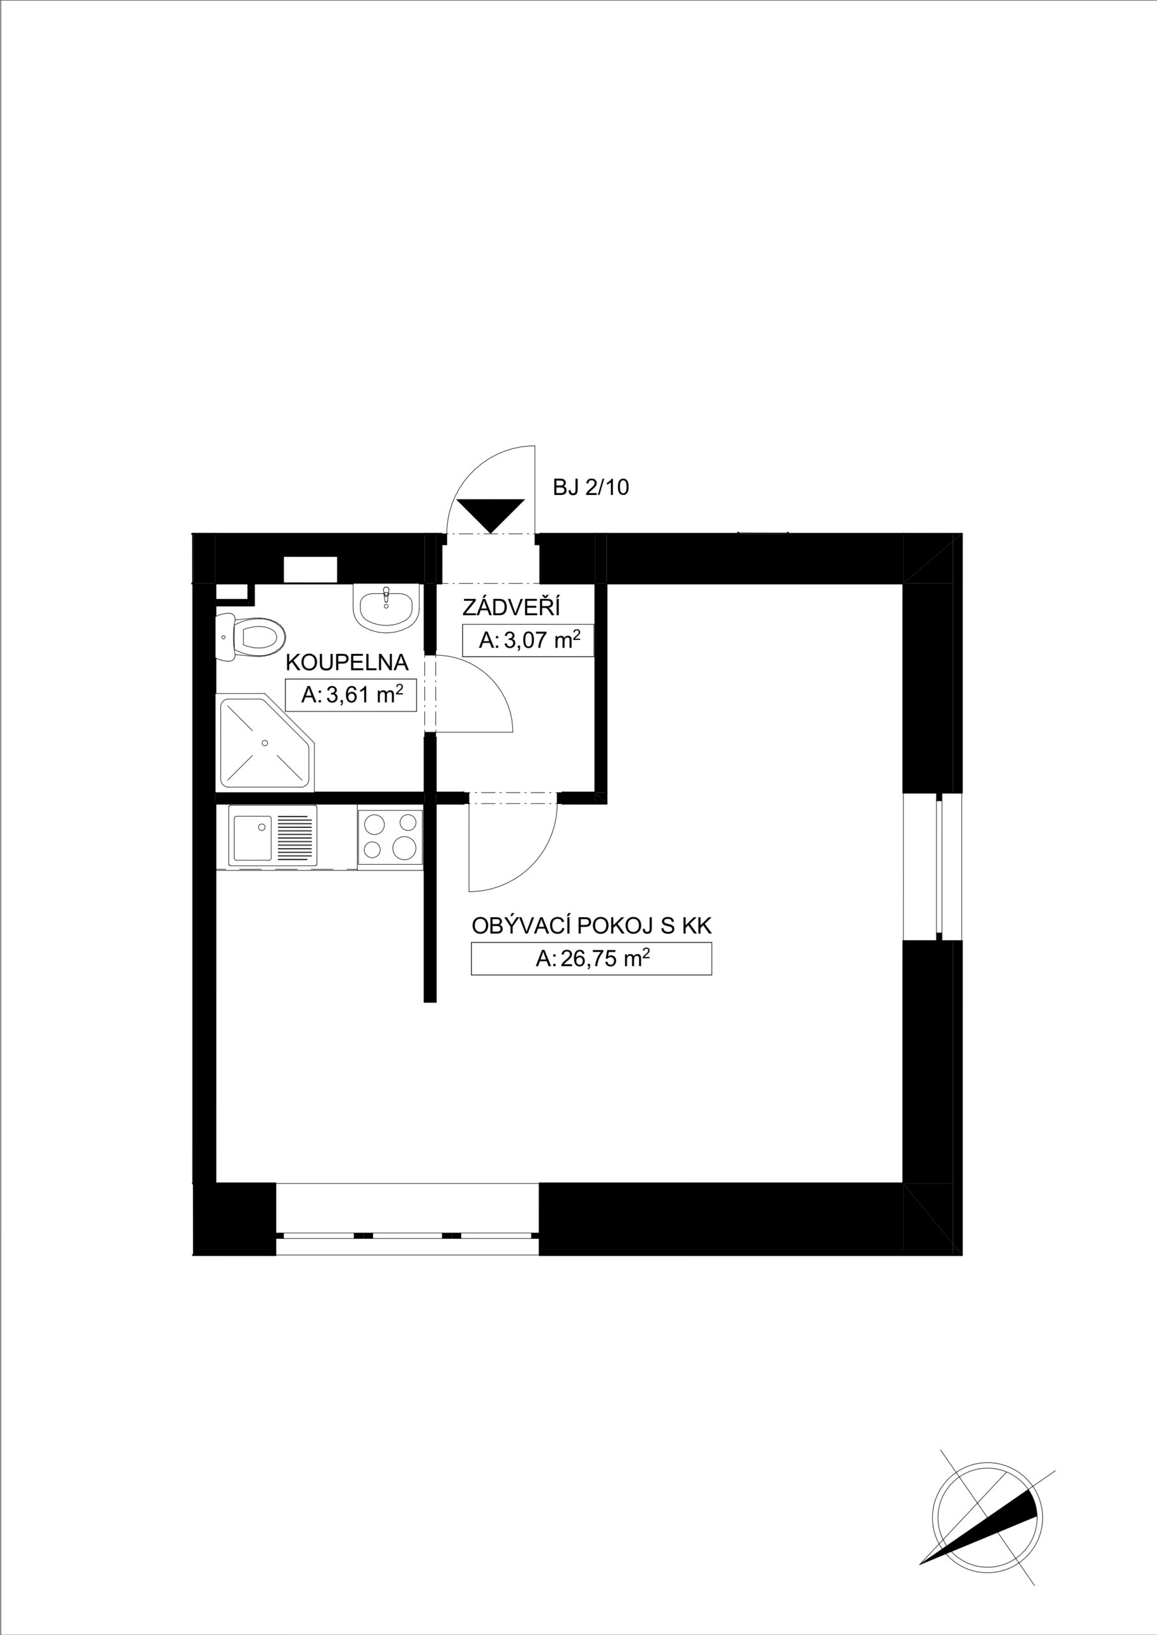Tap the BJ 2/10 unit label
(590, 488)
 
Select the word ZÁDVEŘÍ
(512, 607)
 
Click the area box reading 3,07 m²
(528, 640)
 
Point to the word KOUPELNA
(347, 662)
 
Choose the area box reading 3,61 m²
(351, 695)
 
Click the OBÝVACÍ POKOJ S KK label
(592, 925)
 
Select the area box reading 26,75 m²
(592, 959)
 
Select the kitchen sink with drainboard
(272, 836)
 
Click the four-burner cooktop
(390, 837)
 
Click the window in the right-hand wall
(933, 867)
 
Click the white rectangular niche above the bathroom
(310, 569)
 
